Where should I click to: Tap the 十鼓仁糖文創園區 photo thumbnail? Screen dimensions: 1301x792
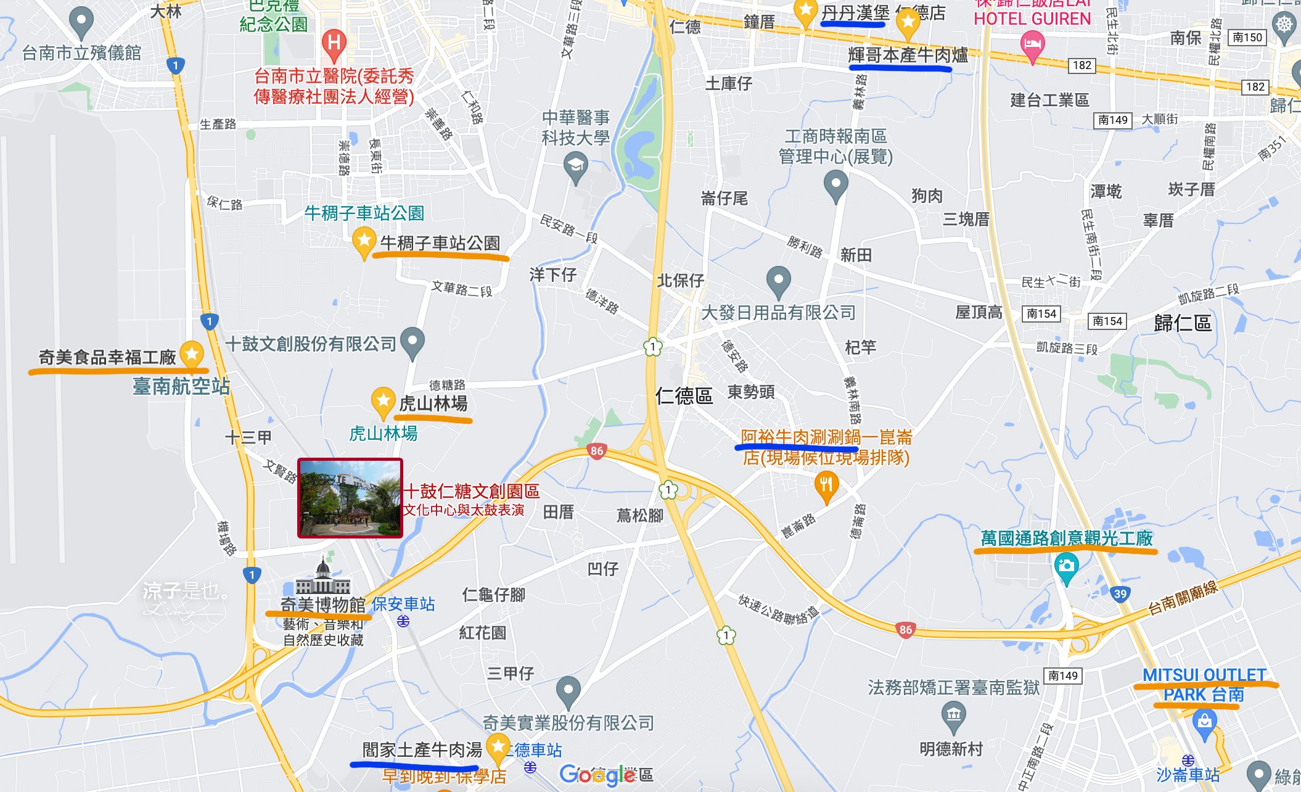[x=350, y=498]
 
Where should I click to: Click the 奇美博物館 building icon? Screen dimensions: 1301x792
[x=322, y=578]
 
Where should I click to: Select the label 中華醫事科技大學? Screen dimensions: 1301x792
[x=575, y=127]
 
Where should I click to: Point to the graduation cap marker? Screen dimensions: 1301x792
[x=575, y=167]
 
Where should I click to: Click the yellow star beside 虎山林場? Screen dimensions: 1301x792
[x=383, y=401]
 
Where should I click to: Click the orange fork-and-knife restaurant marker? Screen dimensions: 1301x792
[x=826, y=485]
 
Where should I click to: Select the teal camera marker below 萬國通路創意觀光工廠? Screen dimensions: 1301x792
[x=1066, y=566]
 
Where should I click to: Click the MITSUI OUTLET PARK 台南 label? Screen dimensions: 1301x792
[x=1204, y=685]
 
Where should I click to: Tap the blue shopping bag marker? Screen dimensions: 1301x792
[x=1204, y=721]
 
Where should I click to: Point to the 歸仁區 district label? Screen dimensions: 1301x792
[x=1183, y=323]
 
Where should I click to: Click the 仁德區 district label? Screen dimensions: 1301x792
[x=684, y=395]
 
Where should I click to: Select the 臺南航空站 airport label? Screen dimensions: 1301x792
[x=181, y=386]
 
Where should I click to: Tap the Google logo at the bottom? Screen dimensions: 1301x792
[x=597, y=775]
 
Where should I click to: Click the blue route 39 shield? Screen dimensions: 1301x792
[x=1120, y=594]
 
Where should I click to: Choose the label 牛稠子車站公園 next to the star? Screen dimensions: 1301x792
[x=440, y=243]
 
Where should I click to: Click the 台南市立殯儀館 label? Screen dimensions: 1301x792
[x=81, y=53]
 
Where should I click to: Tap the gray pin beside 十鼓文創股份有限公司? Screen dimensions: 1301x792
[x=412, y=341]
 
